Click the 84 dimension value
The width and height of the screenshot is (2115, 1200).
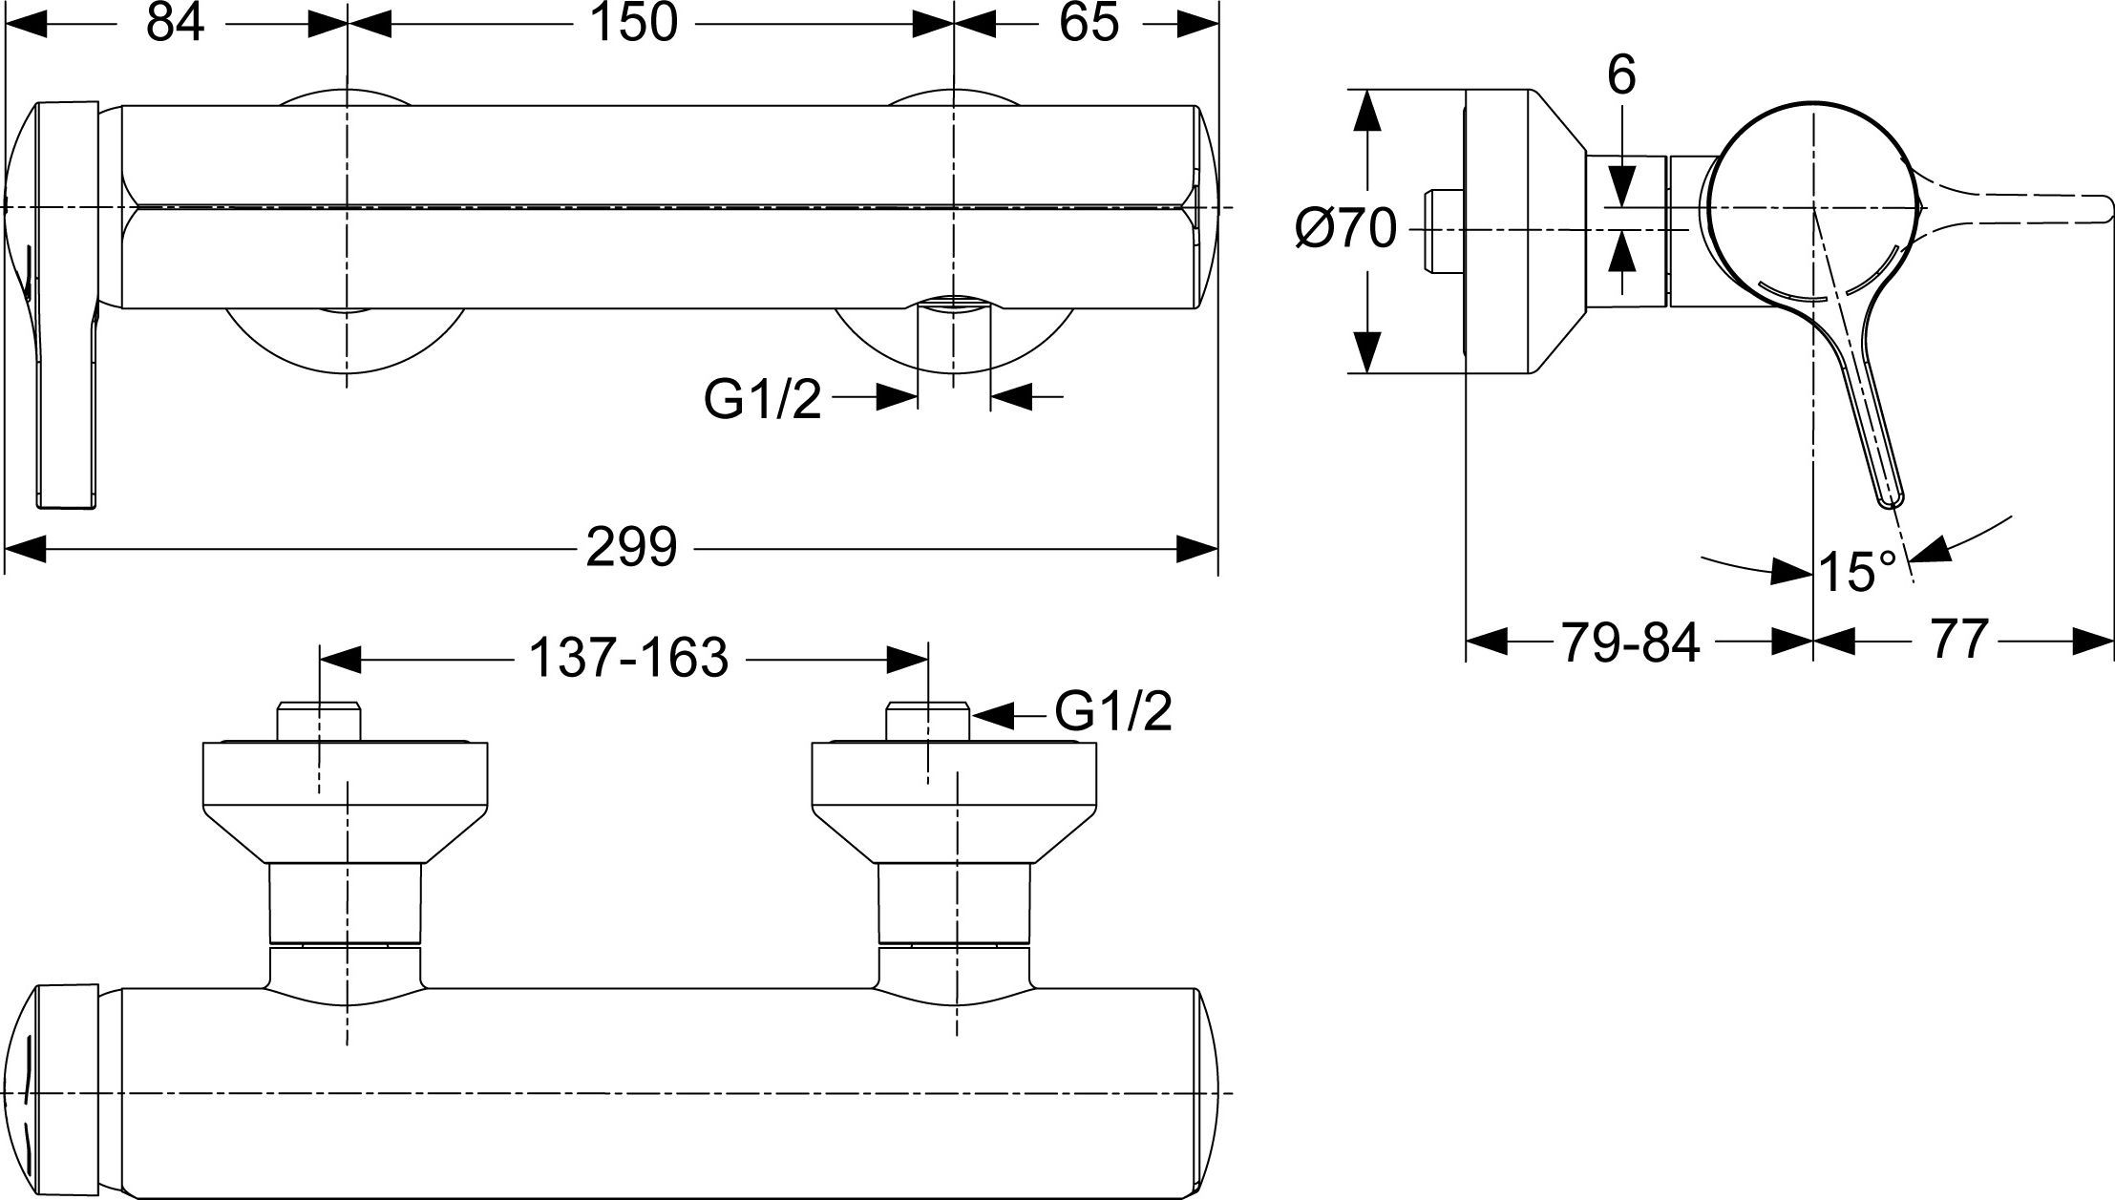(175, 23)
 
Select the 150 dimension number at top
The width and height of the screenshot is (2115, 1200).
(633, 23)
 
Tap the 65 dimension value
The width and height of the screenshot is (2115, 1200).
(1089, 23)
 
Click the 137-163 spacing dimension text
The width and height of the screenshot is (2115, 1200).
(628, 658)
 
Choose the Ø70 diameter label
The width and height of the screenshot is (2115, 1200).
(1345, 230)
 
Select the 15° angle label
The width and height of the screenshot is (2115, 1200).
(1857, 572)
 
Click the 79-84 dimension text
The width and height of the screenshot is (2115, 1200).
(1631, 642)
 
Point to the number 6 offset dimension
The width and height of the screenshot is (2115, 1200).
(1621, 75)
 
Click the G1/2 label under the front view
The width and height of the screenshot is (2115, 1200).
(762, 400)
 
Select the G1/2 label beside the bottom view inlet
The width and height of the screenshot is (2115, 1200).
(1113, 711)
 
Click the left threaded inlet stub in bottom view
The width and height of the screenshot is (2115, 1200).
(320, 722)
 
